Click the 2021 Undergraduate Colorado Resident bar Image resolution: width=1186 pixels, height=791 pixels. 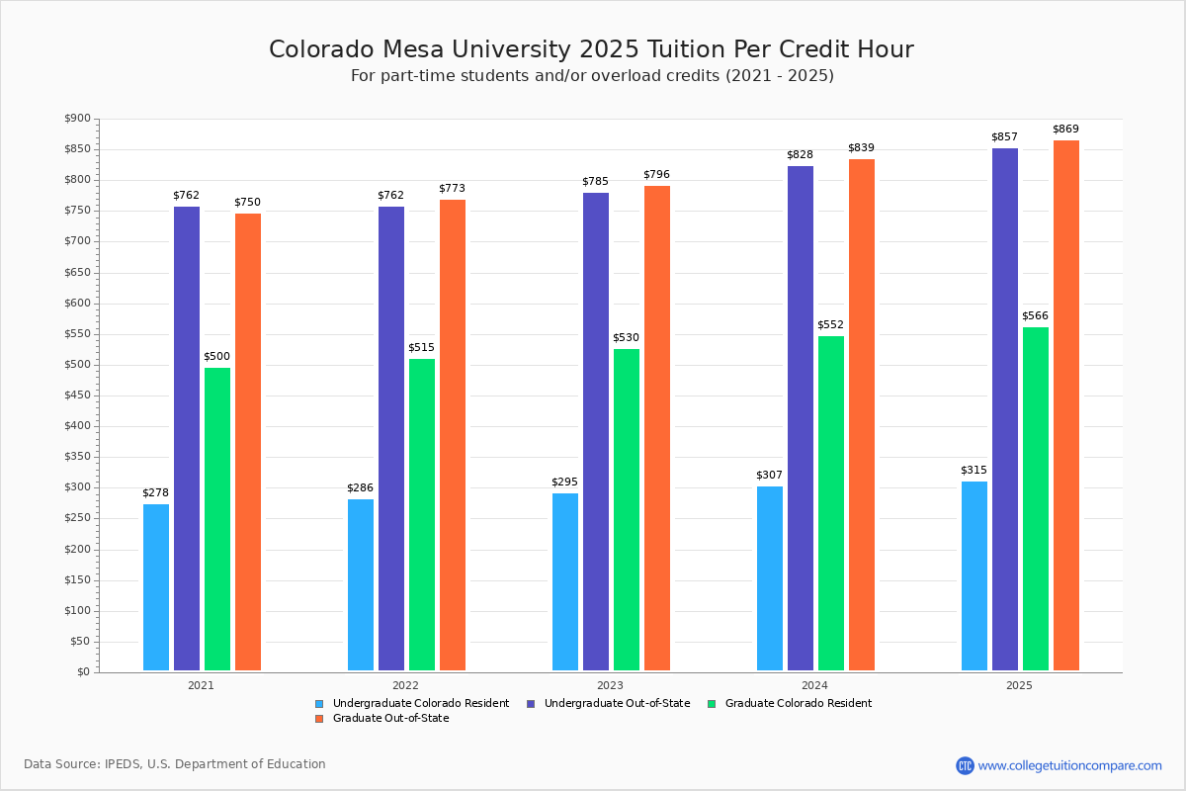tap(156, 587)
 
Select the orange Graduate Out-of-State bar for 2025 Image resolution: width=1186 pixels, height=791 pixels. tap(1066, 405)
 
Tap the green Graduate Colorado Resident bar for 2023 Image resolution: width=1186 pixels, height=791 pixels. tap(627, 509)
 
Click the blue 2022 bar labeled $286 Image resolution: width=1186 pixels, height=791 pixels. tap(361, 584)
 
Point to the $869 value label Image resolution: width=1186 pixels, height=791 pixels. tap(1065, 130)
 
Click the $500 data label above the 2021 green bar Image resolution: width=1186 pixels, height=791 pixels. tap(216, 357)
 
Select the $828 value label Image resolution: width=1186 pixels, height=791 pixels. tap(800, 155)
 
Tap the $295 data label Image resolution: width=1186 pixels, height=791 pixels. tap(564, 483)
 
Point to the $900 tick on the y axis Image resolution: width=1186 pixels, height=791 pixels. tap(76, 119)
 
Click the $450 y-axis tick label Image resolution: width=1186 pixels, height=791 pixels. tap(76, 395)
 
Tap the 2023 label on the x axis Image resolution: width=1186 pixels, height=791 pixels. tap(610, 684)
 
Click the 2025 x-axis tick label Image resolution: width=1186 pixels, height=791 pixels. tap(1019, 684)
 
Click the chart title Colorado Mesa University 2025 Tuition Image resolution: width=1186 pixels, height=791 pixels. tap(591, 49)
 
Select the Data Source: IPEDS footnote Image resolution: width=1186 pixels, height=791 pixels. tap(175, 764)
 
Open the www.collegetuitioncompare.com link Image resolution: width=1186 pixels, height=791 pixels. tap(1069, 765)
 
